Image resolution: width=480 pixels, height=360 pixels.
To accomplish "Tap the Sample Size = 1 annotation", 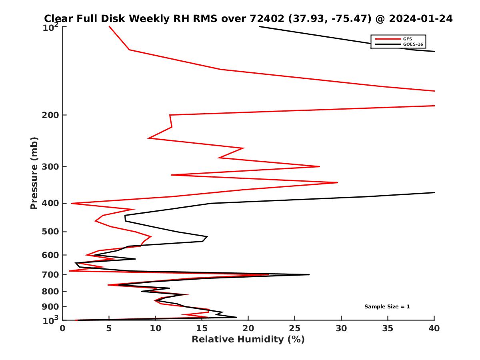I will (387, 307).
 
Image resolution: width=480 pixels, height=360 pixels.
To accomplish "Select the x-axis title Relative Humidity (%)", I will (248, 340).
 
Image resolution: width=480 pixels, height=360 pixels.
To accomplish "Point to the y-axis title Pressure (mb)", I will (34, 173).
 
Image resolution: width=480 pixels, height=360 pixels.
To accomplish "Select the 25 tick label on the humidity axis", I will (295, 329).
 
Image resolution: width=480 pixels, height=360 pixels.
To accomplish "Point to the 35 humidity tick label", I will (388, 329).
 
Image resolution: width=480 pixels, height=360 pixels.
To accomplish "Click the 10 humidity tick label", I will (155, 329).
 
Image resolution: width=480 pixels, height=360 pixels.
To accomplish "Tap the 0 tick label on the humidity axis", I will (63, 329).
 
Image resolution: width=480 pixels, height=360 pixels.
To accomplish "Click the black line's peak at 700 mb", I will (309, 275).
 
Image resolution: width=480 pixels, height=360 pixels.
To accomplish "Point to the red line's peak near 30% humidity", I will (338, 182).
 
